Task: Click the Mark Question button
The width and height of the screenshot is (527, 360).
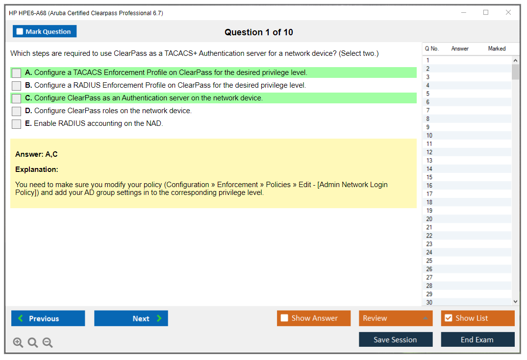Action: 45,31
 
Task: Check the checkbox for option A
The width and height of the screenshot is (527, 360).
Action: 16,73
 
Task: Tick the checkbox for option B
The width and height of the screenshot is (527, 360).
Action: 16,86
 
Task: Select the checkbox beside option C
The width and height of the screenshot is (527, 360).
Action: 16,98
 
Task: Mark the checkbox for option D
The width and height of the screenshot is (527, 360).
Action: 16,111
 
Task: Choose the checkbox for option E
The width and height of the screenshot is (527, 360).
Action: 16,124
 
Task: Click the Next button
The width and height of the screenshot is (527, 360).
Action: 131,318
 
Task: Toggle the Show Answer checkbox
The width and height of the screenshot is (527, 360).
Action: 284,318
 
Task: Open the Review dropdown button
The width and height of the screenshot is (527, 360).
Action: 396,318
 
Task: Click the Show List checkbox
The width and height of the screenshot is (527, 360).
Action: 449,318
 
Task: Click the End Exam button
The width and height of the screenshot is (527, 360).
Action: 477,339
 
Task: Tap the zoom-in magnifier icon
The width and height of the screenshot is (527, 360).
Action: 18,342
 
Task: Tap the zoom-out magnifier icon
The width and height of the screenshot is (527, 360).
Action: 48,342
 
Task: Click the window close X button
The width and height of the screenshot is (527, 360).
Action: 508,12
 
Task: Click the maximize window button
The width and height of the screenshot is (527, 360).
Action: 486,12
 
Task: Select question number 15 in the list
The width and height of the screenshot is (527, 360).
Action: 429,177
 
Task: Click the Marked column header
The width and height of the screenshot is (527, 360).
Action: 497,48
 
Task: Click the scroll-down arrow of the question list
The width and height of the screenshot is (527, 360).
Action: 516,302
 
